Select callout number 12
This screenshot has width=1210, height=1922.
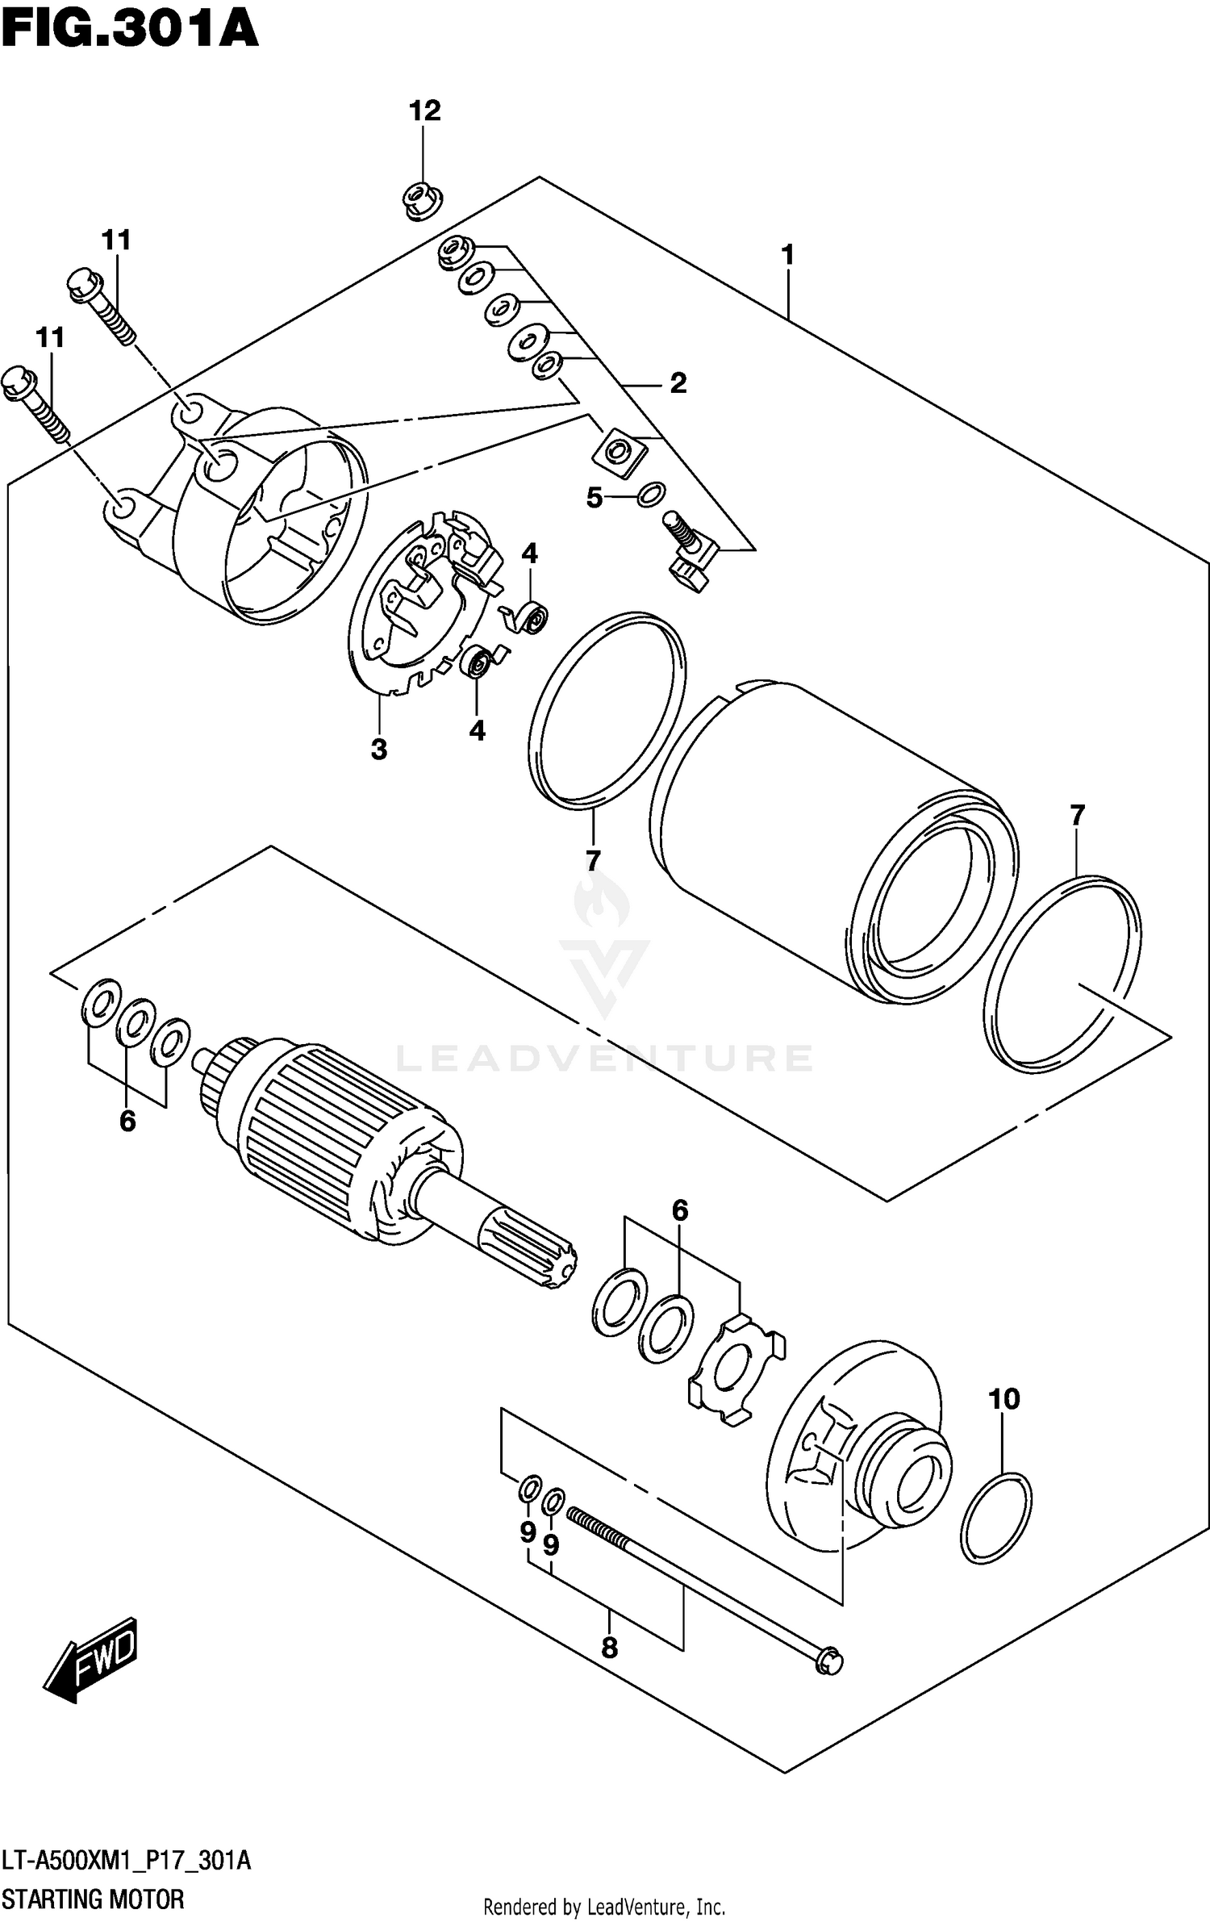(424, 111)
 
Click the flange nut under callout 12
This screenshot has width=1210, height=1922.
(420, 200)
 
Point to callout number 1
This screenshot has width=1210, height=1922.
(787, 255)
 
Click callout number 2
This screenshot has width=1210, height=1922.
(678, 382)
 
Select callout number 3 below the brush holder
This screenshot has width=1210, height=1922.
(378, 749)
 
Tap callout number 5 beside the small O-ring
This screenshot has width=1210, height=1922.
(594, 498)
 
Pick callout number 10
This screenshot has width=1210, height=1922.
(1004, 1398)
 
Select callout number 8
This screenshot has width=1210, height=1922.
(609, 1647)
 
